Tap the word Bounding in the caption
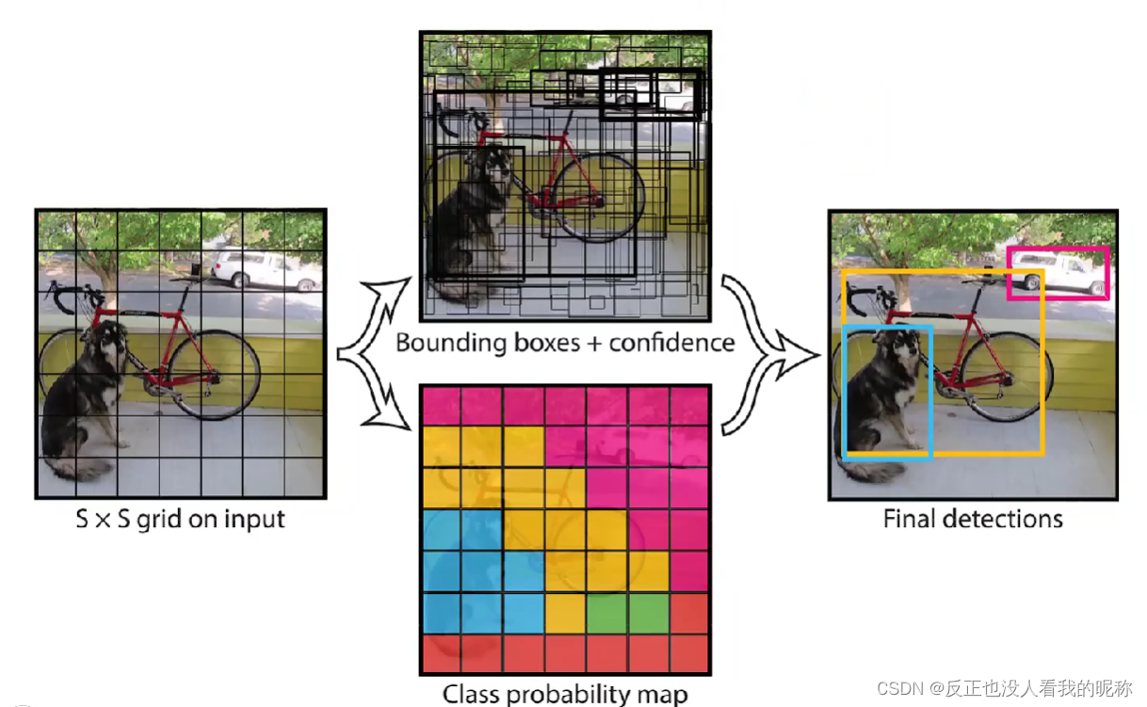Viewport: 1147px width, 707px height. [451, 344]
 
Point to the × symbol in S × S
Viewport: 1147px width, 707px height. [103, 521]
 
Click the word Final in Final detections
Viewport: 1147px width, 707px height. [910, 519]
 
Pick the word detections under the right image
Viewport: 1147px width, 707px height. [1003, 519]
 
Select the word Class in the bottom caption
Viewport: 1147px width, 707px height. [471, 694]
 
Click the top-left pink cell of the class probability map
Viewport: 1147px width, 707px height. [442, 407]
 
